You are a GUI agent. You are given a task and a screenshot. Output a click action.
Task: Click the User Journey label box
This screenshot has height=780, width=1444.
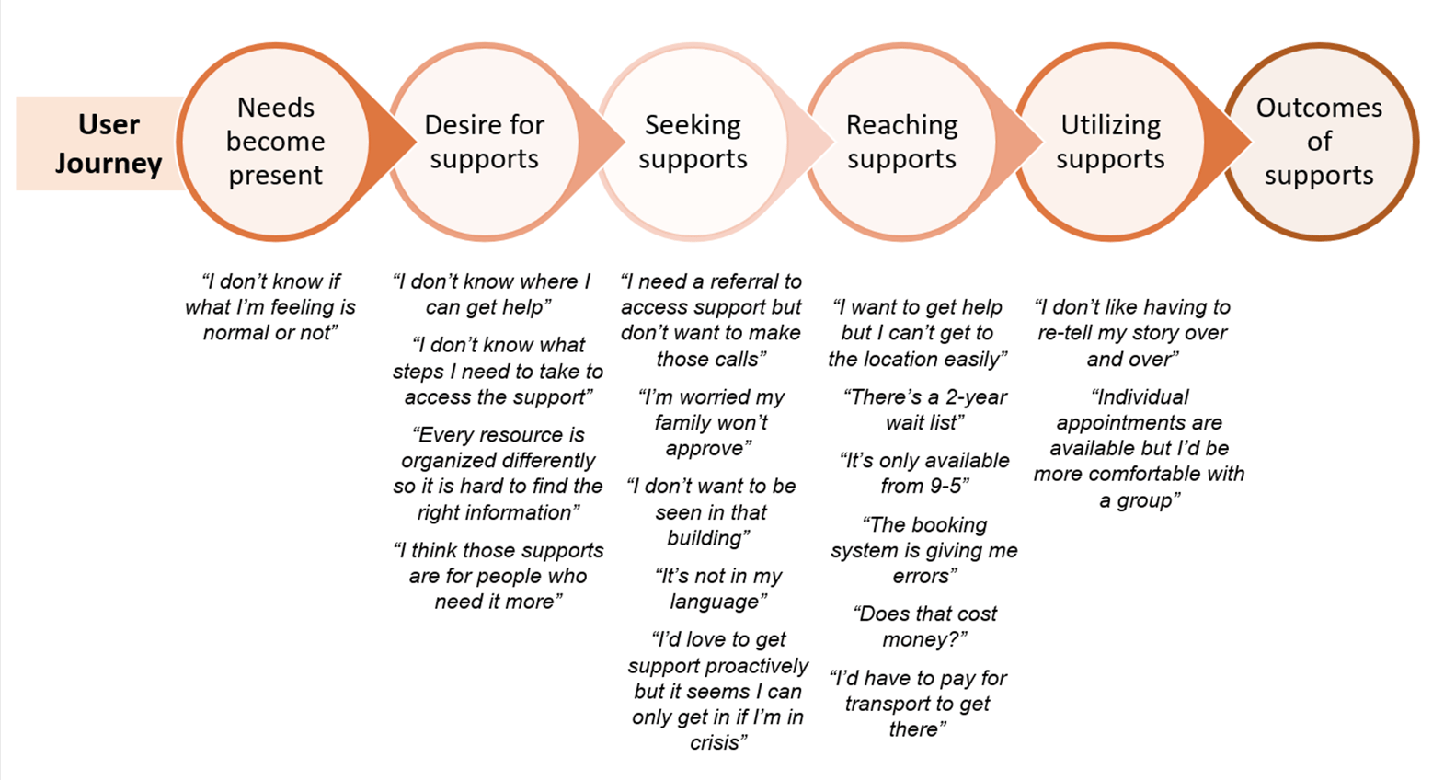point(101,143)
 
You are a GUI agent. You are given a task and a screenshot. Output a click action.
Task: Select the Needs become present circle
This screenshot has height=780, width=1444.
point(275,142)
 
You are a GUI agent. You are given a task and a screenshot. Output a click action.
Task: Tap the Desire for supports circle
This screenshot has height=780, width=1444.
point(485,142)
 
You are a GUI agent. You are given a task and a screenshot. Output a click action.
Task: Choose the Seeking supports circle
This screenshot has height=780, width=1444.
point(693,142)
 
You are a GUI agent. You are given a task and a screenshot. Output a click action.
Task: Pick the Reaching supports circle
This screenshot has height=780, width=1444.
point(901,142)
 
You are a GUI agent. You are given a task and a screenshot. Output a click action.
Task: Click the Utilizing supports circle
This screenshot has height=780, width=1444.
point(1110,142)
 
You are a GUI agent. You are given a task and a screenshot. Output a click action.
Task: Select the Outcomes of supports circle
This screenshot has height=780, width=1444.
point(1319,142)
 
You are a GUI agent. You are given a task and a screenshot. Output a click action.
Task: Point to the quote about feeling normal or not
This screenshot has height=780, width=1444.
point(270,307)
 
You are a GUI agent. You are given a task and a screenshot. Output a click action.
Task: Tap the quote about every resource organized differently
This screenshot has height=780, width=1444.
point(498,474)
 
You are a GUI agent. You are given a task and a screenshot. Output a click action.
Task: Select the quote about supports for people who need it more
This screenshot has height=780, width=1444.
point(499,576)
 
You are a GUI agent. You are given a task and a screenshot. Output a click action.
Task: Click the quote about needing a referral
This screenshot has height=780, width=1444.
point(711,320)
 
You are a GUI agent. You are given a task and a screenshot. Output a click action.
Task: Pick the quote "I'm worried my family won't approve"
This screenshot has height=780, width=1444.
point(711,422)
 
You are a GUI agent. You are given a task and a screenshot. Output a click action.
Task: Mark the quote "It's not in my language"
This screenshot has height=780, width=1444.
point(717,589)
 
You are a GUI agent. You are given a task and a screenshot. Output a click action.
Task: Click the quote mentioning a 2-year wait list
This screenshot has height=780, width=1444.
point(924,409)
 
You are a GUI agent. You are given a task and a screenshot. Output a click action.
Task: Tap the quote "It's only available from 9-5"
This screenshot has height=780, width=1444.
point(924,473)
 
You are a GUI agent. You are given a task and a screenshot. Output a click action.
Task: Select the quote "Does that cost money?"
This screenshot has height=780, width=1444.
point(924,626)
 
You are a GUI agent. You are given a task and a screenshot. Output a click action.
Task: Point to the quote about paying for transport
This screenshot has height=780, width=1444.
point(918,704)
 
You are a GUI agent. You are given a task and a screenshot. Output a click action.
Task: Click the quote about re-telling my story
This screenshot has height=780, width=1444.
point(1132,333)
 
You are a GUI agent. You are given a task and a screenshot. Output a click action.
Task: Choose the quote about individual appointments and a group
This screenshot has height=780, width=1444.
point(1139,448)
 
